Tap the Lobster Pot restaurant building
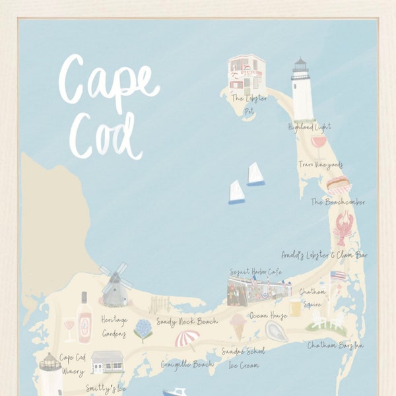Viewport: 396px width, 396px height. [246, 73]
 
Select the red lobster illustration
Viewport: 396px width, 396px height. [344, 228]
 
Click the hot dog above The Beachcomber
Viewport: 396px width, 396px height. [337, 184]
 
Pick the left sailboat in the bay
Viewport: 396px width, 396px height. [236, 192]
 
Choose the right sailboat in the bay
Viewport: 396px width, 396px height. [255, 174]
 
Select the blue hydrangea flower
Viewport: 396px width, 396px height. [143, 328]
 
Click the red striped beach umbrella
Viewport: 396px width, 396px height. [187, 339]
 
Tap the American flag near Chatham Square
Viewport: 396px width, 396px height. [337, 277]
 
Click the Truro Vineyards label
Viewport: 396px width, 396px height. [320, 164]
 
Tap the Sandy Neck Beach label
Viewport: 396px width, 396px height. [187, 322]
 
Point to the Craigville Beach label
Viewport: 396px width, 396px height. [187, 364]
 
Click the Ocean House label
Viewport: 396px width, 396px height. [268, 315]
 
